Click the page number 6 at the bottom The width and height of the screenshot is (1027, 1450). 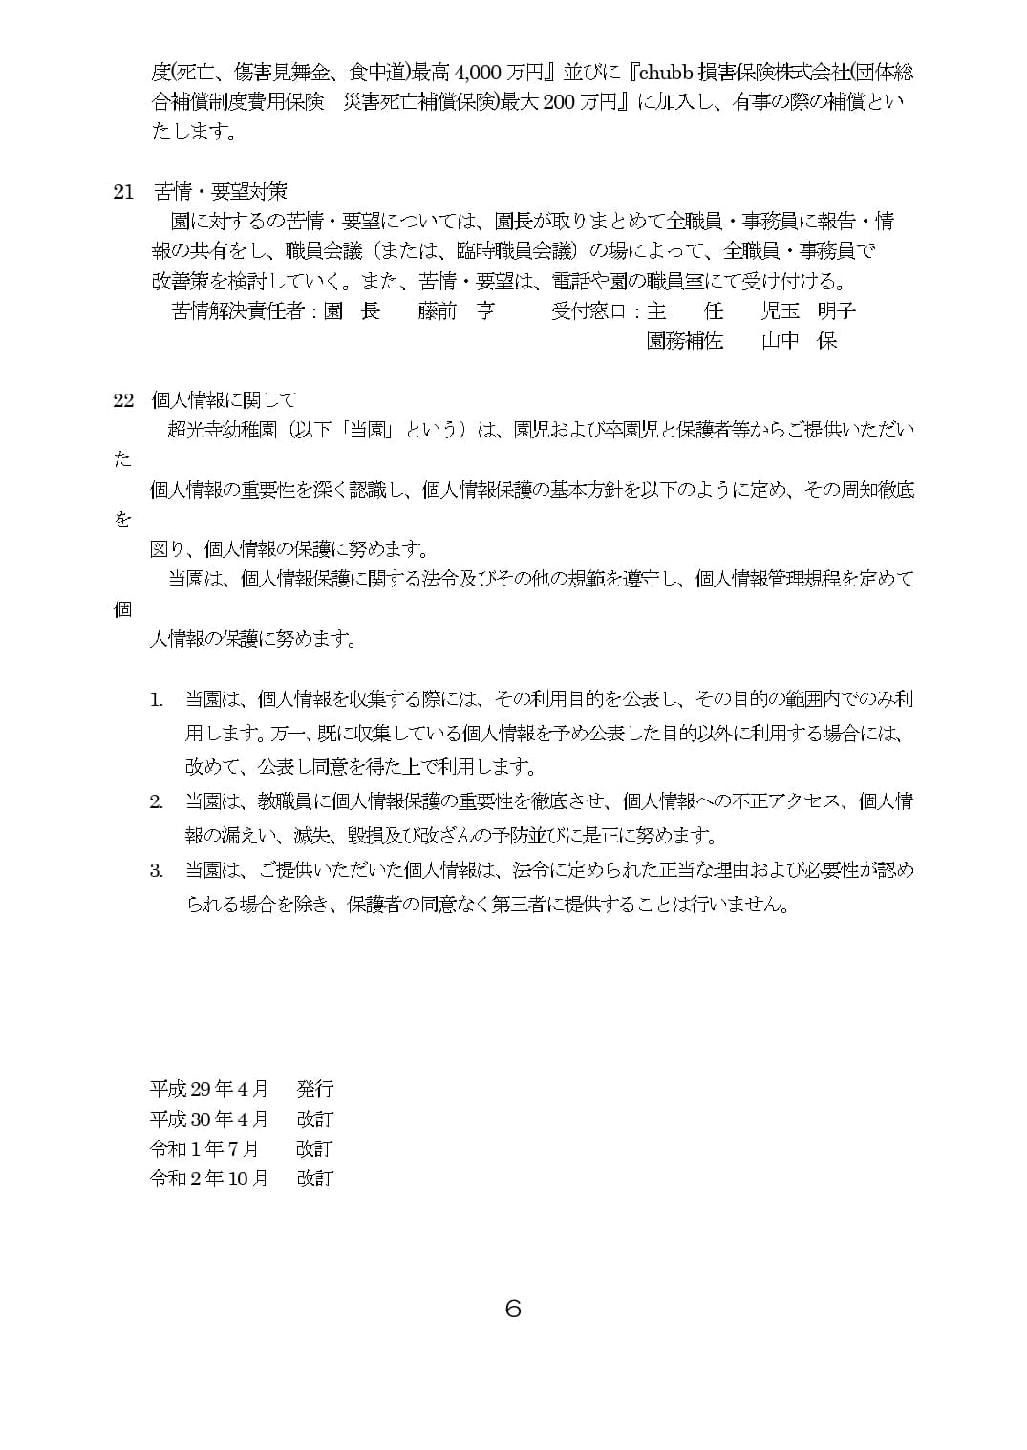(x=513, y=1309)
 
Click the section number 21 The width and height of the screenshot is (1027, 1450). (x=123, y=192)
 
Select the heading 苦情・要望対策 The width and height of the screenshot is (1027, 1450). (x=221, y=192)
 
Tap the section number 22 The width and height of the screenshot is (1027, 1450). (x=123, y=400)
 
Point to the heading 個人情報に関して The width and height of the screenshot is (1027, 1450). (x=225, y=400)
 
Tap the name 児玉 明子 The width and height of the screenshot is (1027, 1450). (x=808, y=311)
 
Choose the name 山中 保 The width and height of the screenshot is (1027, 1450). (x=799, y=341)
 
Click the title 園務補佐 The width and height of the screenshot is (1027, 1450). (x=684, y=341)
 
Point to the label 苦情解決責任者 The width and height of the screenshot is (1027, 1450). (x=238, y=311)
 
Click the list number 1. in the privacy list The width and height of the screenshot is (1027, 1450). (x=157, y=700)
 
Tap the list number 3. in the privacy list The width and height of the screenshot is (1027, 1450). (x=157, y=870)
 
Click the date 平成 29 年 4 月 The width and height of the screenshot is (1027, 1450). (x=209, y=1089)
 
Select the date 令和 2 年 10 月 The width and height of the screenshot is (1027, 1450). (x=209, y=1179)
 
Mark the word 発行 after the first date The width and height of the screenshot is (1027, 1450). (x=315, y=1089)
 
